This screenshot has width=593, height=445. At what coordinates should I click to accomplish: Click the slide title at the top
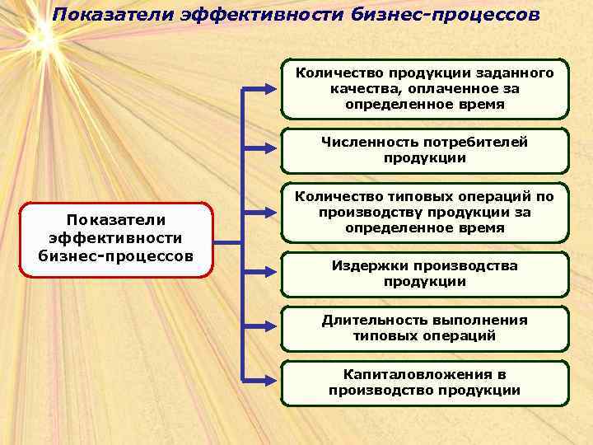296,16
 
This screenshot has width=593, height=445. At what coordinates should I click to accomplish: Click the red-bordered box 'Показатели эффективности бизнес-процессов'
116,239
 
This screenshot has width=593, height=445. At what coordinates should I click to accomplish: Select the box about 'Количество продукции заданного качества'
424,89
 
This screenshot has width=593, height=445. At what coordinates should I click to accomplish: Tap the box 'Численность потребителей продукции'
424,150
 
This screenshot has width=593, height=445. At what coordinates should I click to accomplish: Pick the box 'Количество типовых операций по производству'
424,212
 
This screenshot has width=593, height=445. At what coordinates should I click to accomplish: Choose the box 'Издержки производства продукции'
424,274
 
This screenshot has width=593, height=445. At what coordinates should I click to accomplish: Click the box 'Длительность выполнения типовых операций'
424,328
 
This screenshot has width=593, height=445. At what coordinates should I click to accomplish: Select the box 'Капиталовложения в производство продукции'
424,382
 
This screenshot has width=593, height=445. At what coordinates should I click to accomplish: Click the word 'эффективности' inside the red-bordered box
116,238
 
